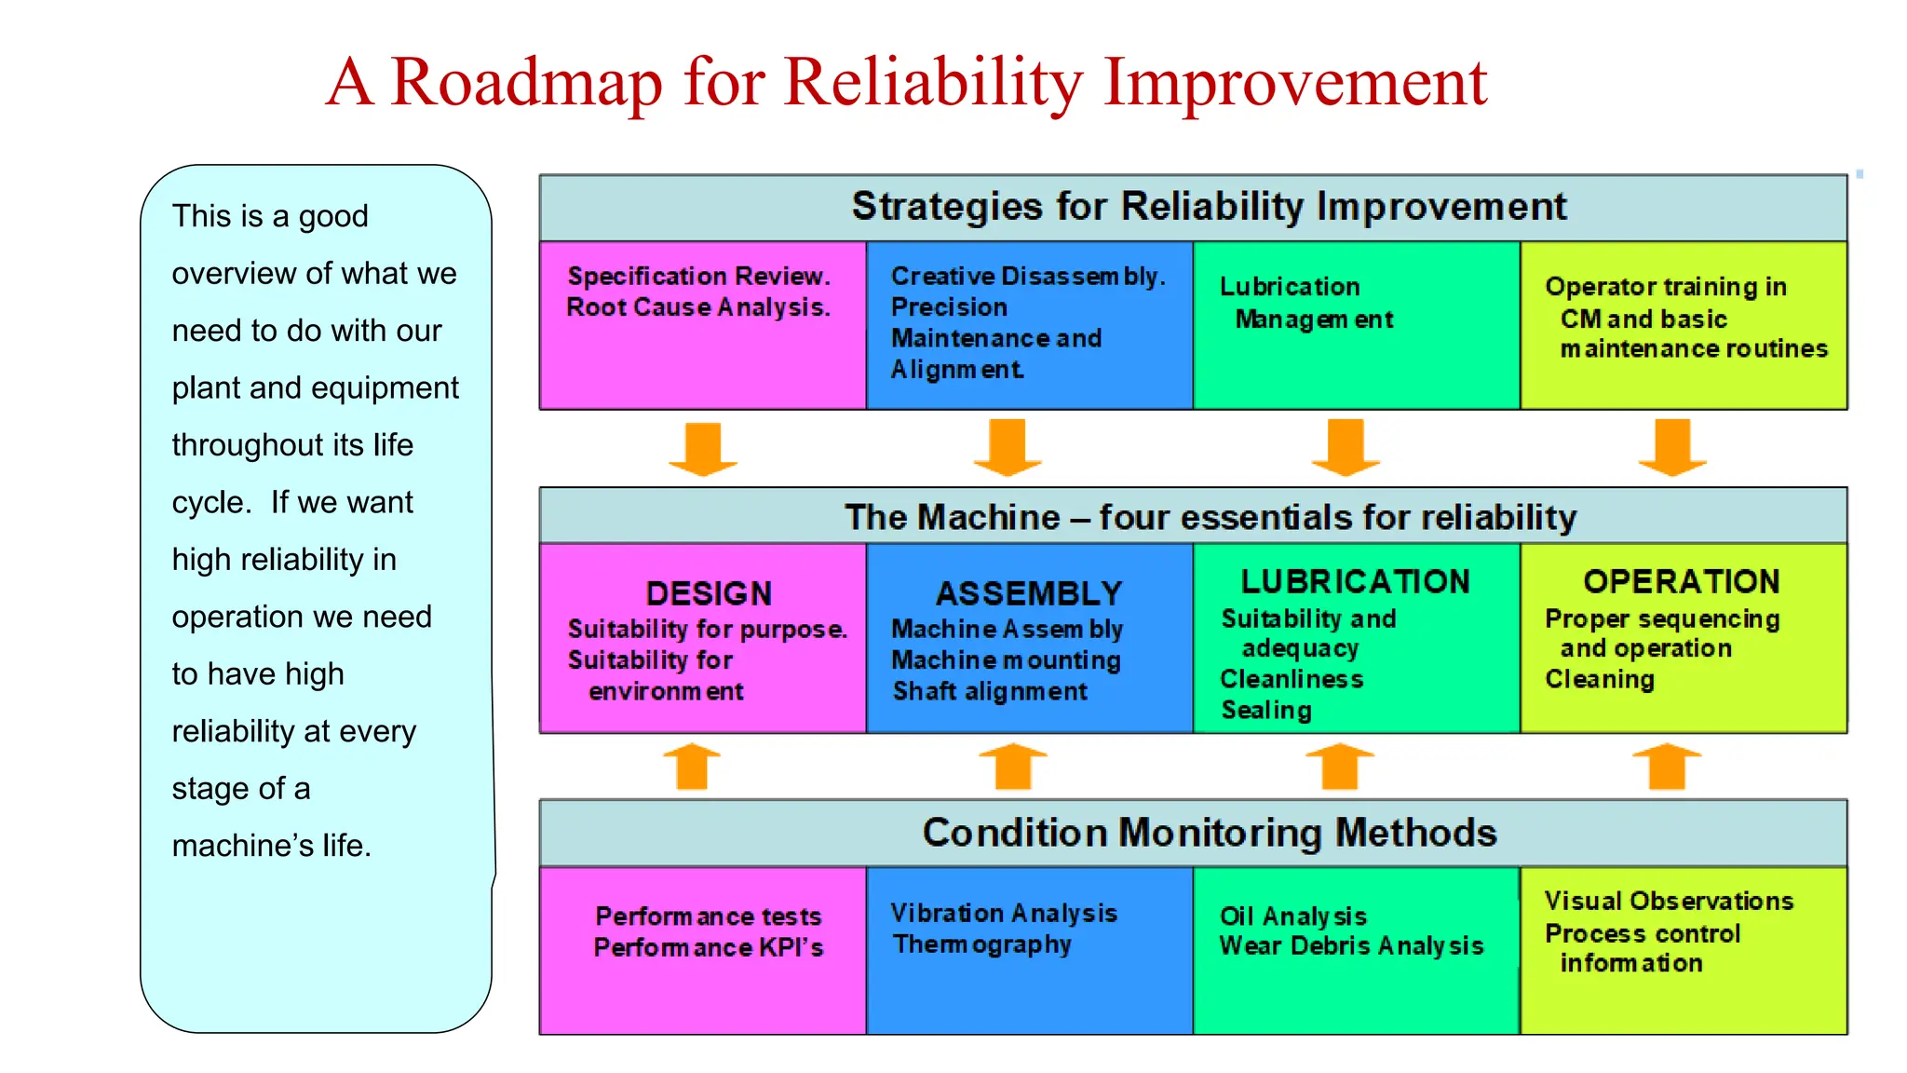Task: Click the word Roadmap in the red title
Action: point(526,82)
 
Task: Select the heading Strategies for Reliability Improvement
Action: point(1209,207)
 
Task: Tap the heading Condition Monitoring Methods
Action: point(1209,833)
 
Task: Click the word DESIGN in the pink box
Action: point(709,593)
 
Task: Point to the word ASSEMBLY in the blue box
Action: point(1029,593)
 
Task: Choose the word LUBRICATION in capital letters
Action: point(1355,581)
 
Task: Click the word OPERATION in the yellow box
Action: point(1682,581)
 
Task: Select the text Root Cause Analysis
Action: point(697,307)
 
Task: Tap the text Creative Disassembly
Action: point(1027,277)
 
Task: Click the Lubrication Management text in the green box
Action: point(1305,303)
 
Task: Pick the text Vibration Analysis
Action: point(1003,913)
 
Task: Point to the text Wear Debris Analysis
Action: point(1351,946)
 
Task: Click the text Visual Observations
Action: point(1669,901)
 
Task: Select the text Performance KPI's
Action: point(708,948)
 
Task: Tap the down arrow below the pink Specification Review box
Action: point(703,449)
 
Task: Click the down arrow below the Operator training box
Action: point(1672,447)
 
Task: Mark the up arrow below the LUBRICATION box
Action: point(1340,766)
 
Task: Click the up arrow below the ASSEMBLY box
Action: point(1013,766)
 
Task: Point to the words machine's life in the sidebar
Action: point(271,846)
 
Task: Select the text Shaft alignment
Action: point(989,691)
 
